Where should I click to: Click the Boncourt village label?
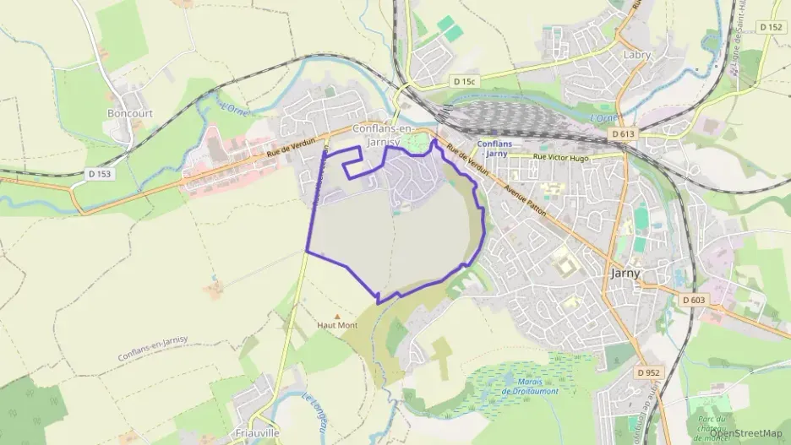[128, 112]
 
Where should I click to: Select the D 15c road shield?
[464, 81]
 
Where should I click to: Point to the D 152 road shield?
[771, 27]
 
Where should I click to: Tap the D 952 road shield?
[648, 372]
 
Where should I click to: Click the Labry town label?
[636, 55]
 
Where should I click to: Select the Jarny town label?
[625, 273]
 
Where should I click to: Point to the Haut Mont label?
[336, 325]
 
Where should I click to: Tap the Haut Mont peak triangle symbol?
[337, 315]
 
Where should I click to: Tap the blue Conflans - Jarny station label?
[494, 148]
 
